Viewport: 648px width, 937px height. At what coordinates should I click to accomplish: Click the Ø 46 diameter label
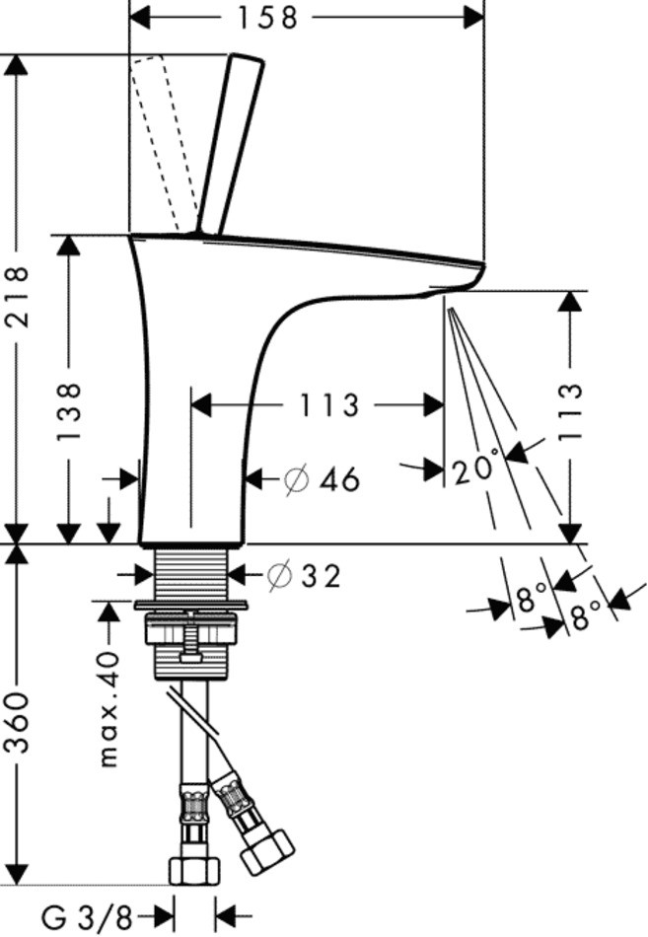322,480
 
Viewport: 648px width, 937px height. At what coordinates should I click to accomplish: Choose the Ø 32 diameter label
305,575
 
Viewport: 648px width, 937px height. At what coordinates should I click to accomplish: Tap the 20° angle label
478,467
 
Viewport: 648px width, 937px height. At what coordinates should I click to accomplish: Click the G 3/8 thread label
86,917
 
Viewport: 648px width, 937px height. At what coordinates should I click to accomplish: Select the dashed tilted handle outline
163,138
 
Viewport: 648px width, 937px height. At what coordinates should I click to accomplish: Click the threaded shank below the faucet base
192,572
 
